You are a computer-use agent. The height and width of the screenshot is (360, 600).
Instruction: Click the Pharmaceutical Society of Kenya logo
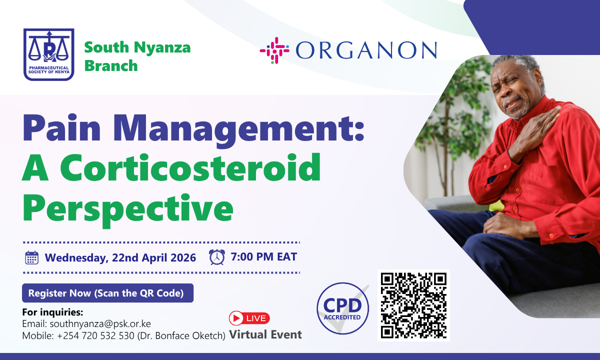49,54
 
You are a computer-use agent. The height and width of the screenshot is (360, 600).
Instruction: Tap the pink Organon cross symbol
274,50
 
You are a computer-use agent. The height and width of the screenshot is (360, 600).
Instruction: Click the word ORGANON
366,50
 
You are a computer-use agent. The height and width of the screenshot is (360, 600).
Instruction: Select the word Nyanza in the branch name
162,47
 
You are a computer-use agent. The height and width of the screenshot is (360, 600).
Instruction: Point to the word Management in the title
238,128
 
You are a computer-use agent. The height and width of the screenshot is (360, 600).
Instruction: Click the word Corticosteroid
190,167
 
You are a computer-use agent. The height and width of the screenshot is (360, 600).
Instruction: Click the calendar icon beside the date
31,257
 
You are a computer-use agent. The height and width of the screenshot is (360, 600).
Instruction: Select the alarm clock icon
216,257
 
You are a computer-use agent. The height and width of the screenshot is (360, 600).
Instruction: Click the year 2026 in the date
183,257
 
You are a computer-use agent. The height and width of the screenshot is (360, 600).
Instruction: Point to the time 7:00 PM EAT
264,256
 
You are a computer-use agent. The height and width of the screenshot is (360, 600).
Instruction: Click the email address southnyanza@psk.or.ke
100,324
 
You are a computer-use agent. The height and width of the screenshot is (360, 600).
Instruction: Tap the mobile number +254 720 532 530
95,335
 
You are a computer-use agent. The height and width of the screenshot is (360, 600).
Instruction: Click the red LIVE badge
249,318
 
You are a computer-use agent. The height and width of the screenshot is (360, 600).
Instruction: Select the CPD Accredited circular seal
342,308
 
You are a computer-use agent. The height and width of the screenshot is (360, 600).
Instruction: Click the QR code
413,305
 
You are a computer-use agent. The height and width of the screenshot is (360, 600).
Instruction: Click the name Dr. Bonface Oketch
181,335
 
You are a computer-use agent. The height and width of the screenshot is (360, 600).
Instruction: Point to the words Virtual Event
265,334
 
